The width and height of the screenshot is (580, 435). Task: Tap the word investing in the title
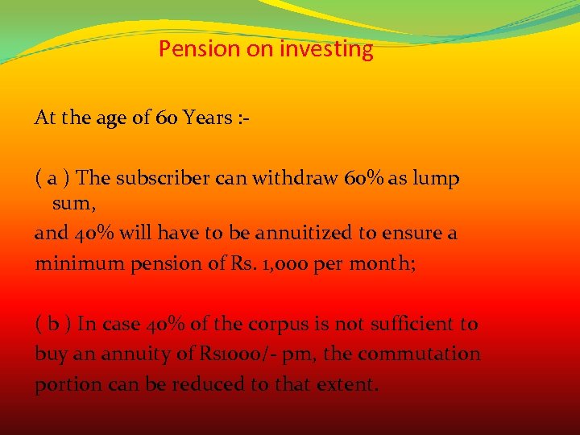pyautogui.click(x=326, y=49)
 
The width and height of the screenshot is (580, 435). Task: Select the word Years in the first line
pyautogui.click(x=208, y=118)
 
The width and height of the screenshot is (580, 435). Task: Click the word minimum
pyautogui.click(x=68, y=263)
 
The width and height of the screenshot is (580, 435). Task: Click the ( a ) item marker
pyautogui.click(x=54, y=178)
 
